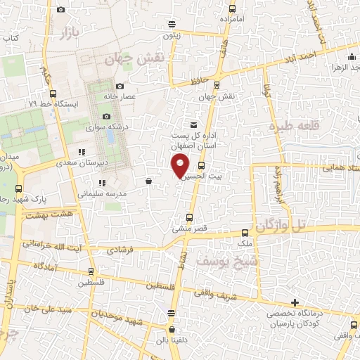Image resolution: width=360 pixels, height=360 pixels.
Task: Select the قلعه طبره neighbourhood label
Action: pyautogui.click(x=293, y=127)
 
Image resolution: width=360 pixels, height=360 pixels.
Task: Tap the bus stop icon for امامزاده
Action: pyautogui.click(x=232, y=9)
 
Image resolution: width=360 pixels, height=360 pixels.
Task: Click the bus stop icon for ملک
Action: pyautogui.click(x=245, y=233)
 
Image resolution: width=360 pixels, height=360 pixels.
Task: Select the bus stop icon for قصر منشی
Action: pyautogui.click(x=189, y=217)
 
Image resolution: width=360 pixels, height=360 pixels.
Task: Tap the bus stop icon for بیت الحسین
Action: pyautogui.click(x=201, y=166)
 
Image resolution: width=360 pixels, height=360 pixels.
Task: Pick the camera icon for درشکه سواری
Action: pyautogui.click(x=106, y=117)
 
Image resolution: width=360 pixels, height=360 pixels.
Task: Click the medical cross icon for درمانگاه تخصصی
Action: pyautogui.click(x=295, y=302)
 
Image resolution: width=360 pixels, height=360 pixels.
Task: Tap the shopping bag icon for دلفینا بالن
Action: pyautogui.click(x=172, y=328)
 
